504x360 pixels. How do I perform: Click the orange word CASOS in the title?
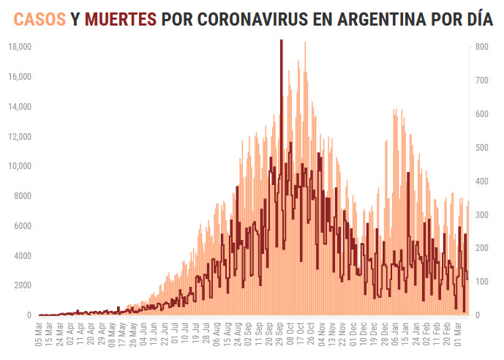click(37, 19)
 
